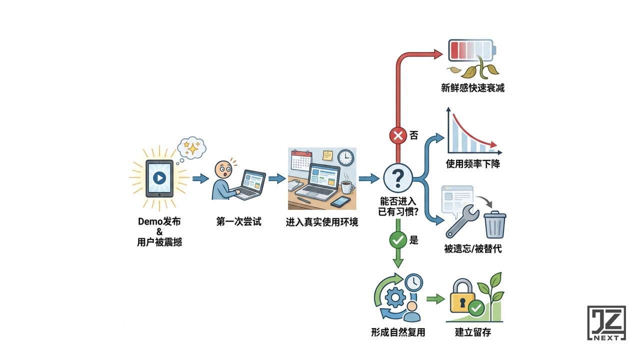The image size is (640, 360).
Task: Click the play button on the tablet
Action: [159, 178]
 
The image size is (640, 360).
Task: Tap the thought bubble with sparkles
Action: [192, 147]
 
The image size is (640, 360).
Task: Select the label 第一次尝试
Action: [239, 221]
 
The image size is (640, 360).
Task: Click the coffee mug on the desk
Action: [346, 188]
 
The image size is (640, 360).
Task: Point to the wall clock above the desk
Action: [345, 157]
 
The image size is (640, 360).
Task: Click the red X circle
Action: [398, 135]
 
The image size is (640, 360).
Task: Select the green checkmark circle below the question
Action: [398, 240]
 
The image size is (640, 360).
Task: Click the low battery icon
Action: [472, 50]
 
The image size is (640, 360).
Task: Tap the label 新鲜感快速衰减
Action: [472, 88]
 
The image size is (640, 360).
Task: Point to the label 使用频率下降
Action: [472, 164]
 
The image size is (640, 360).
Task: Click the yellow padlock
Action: [462, 299]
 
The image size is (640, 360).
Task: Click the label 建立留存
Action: [472, 332]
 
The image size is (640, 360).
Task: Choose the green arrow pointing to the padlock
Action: [435, 299]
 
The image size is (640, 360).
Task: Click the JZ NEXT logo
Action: [606, 323]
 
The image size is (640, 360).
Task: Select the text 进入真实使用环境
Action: [321, 221]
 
